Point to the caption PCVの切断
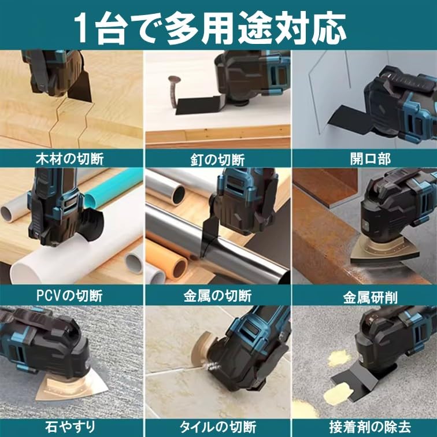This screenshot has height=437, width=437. point(71,295)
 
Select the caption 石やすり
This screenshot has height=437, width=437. point(71,427)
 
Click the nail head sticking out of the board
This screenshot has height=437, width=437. point(172,81)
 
